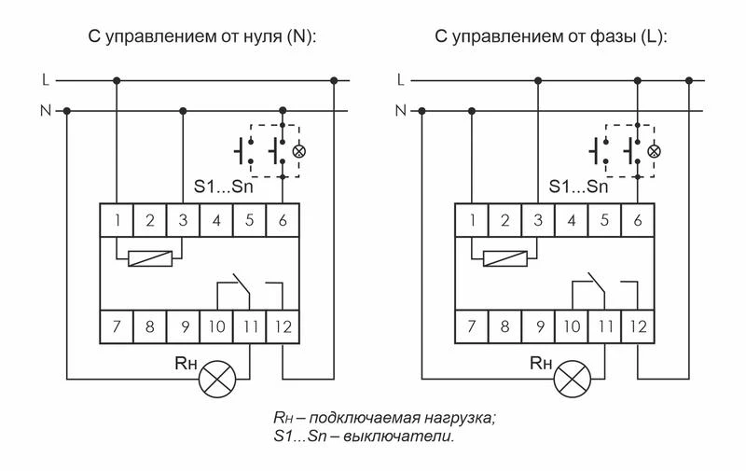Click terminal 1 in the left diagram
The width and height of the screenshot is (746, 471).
click(x=117, y=221)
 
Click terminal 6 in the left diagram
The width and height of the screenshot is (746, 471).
click(x=283, y=221)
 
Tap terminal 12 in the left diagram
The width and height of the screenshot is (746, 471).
click(x=283, y=327)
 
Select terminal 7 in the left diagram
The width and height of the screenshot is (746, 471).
click(x=117, y=327)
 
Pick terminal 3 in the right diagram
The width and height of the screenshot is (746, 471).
click(x=537, y=221)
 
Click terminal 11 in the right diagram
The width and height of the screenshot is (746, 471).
click(x=604, y=327)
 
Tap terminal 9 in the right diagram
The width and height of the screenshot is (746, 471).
click(x=537, y=327)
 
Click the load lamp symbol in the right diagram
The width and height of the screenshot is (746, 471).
click(x=572, y=379)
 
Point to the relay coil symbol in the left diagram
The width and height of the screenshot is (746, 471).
click(x=149, y=257)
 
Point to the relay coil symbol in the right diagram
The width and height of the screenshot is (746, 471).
click(x=504, y=257)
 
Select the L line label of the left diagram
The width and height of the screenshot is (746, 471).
click(x=44, y=81)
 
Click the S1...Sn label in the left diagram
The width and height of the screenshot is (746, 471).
click(x=224, y=187)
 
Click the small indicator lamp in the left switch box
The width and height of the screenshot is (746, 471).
click(x=299, y=149)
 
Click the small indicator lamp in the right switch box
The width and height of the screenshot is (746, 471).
click(x=655, y=149)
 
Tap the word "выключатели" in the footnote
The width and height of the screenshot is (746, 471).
click(x=410, y=436)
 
